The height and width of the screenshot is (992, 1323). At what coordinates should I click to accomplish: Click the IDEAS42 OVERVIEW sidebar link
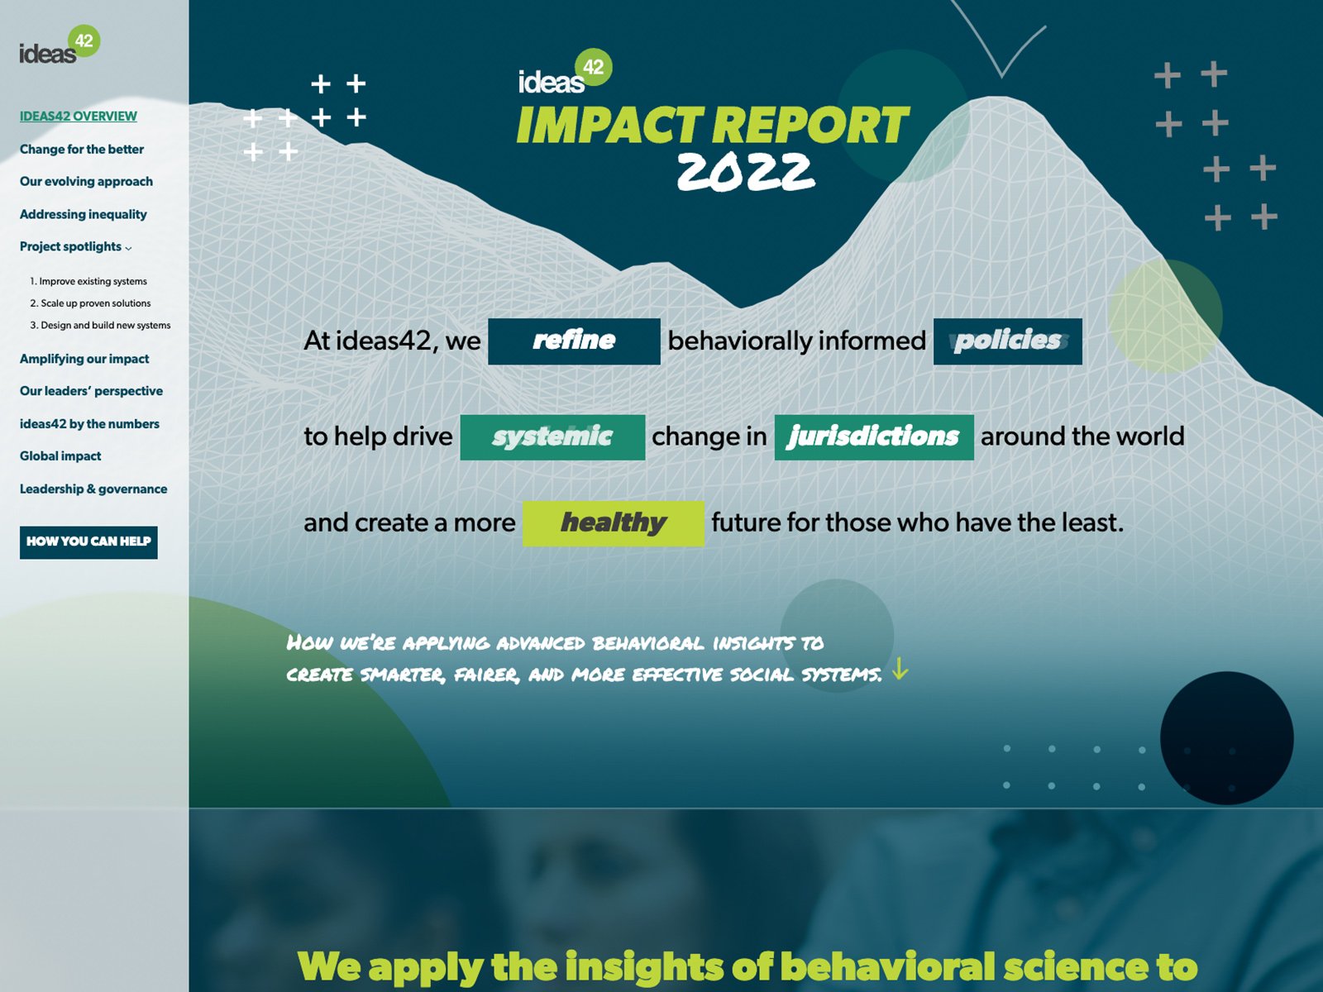click(x=79, y=117)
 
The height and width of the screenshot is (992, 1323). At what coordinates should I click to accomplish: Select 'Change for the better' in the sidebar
click(x=82, y=150)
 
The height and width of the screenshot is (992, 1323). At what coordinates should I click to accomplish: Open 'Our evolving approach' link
click(x=86, y=182)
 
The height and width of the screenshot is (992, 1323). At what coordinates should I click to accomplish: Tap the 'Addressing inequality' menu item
click(x=84, y=215)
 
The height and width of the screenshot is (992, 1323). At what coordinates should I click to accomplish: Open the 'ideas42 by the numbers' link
click(x=89, y=424)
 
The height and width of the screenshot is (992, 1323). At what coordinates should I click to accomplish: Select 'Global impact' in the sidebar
click(x=60, y=456)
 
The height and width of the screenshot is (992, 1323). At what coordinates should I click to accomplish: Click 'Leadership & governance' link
click(x=93, y=489)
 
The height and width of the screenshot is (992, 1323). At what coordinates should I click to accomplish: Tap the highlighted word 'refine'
click(x=574, y=341)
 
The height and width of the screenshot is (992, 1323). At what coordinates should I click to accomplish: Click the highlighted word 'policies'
click(x=1007, y=341)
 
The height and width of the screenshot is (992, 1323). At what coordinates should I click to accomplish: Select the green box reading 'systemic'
click(x=552, y=436)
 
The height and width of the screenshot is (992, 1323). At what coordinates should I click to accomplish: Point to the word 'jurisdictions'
click(x=873, y=436)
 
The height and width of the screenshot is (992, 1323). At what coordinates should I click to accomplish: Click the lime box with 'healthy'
click(x=613, y=522)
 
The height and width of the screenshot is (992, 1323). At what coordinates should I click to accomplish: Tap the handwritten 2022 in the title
click(x=745, y=172)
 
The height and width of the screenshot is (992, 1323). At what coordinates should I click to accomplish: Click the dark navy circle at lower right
click(x=1226, y=737)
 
